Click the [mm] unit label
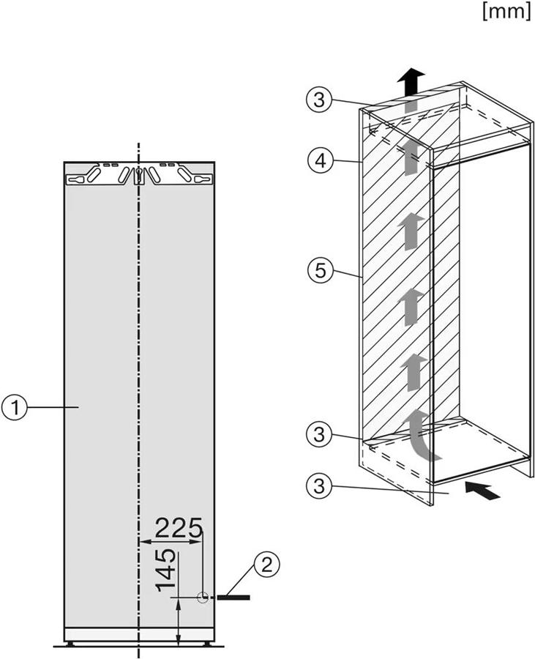pos(506,12)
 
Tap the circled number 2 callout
pos(266,564)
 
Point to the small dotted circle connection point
pos(202,598)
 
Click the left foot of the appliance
pos(72,644)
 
